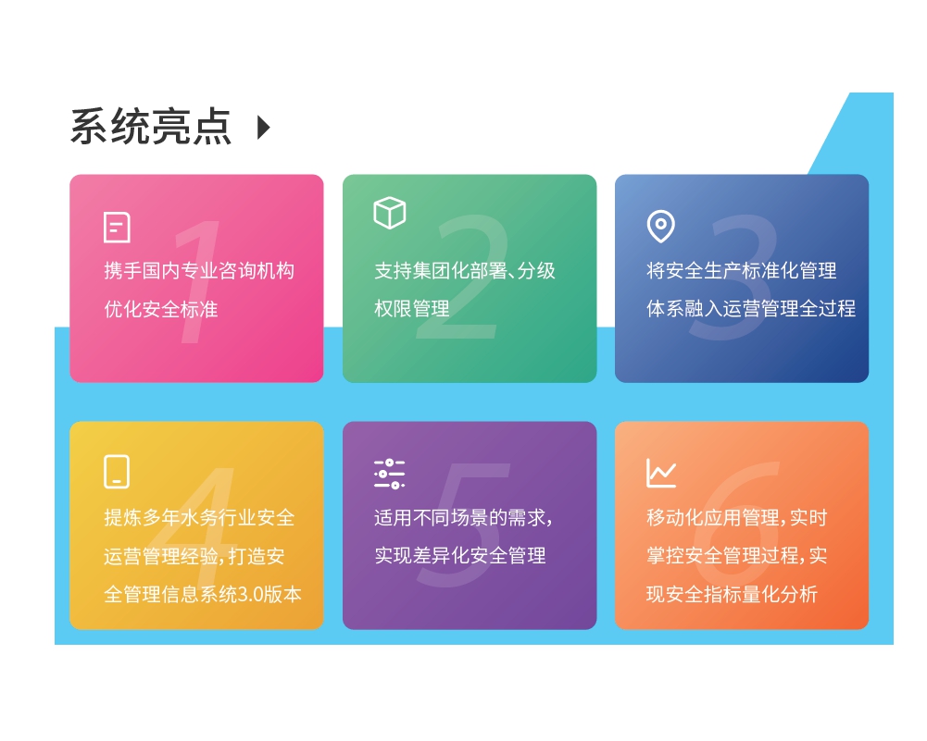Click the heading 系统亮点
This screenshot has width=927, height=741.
tap(150, 127)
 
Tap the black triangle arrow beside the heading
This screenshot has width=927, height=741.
tap(264, 128)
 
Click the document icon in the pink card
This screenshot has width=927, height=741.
tap(117, 228)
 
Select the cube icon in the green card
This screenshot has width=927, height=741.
tap(390, 213)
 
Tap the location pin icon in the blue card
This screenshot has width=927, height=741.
tap(660, 226)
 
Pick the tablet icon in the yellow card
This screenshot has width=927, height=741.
tap(117, 471)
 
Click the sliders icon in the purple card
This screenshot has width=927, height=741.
tap(390, 473)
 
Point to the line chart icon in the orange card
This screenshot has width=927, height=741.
tap(661, 473)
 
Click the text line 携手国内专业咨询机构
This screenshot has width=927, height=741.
tap(199, 271)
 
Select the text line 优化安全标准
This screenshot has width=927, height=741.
tap(161, 309)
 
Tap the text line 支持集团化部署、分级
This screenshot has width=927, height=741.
tap(465, 271)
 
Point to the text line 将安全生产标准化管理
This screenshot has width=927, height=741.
tap(742, 271)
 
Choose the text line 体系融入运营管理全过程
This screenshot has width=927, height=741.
tap(751, 309)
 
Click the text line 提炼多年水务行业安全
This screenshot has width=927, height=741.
tap(199, 518)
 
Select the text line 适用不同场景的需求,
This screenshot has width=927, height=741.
tap(463, 518)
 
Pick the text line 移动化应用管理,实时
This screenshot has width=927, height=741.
tap(737, 518)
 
